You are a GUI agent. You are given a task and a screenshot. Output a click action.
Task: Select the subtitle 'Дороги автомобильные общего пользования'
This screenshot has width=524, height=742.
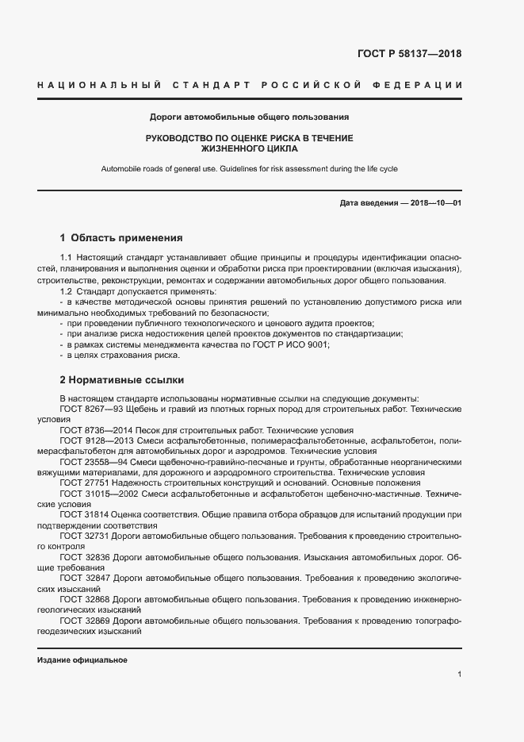250,117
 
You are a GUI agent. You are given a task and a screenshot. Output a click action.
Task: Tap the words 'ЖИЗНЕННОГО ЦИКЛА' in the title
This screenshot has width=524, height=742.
250,148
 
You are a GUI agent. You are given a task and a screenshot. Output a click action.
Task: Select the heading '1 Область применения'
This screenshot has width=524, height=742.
121,237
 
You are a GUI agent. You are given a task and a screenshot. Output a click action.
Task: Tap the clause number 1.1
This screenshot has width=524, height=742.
66,258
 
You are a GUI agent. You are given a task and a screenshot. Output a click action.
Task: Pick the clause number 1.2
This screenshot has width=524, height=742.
66,292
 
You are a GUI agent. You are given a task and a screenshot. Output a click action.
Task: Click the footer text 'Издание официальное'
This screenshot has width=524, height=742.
82,660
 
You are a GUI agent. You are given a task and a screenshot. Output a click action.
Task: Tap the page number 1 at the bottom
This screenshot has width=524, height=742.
459,674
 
